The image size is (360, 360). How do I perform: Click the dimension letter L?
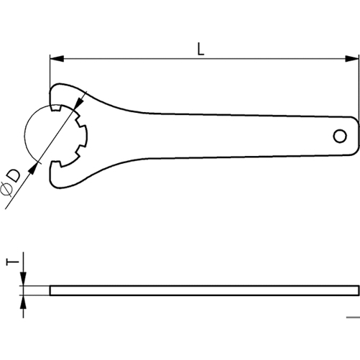(x=200, y=49)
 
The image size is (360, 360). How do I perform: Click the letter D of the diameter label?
(x=14, y=176)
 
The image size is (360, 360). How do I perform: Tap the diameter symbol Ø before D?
(x=6, y=189)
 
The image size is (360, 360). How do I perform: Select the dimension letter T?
(x=12, y=262)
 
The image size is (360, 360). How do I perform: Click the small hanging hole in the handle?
(x=340, y=137)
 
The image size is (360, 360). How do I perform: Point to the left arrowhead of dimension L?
(x=57, y=58)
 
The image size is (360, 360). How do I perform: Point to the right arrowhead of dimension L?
(x=352, y=58)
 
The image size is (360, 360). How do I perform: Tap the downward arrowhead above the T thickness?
(x=23, y=279)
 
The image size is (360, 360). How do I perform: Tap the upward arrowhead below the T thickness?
(x=23, y=302)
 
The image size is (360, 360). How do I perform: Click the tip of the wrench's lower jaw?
(x=51, y=165)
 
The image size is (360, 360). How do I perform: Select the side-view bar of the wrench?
(x=205, y=290)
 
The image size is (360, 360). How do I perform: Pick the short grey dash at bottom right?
(x=353, y=318)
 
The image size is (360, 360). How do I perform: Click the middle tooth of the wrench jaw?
(x=84, y=136)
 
